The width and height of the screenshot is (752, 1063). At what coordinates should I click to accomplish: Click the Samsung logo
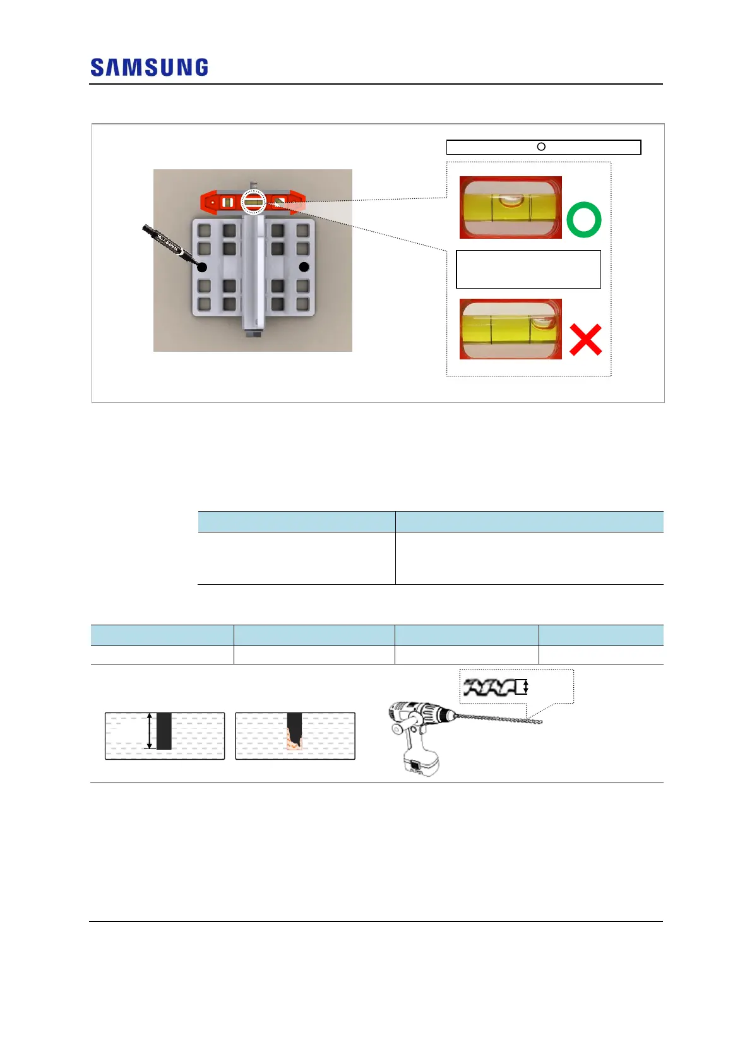pos(149,68)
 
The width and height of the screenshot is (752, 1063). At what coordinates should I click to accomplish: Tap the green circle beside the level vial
pos(583,220)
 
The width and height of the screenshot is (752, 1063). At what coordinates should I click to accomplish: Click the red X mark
pos(585,339)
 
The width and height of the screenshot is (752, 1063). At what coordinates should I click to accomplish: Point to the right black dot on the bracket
pos(304,267)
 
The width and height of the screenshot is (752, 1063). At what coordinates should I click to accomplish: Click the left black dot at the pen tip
pos(202,267)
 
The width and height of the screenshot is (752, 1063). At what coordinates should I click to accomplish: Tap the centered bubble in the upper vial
pos(511,201)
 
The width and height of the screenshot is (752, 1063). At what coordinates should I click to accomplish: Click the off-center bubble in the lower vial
pos(542,324)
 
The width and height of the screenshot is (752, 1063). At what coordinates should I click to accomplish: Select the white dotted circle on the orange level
pos(253,202)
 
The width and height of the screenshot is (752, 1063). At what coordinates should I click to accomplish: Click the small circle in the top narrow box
pos(541,147)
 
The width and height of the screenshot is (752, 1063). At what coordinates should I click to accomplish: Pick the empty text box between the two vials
pos(528,269)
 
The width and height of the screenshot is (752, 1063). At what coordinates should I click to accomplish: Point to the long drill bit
pos(499,718)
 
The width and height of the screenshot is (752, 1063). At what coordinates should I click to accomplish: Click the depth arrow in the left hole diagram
pos(149,731)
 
